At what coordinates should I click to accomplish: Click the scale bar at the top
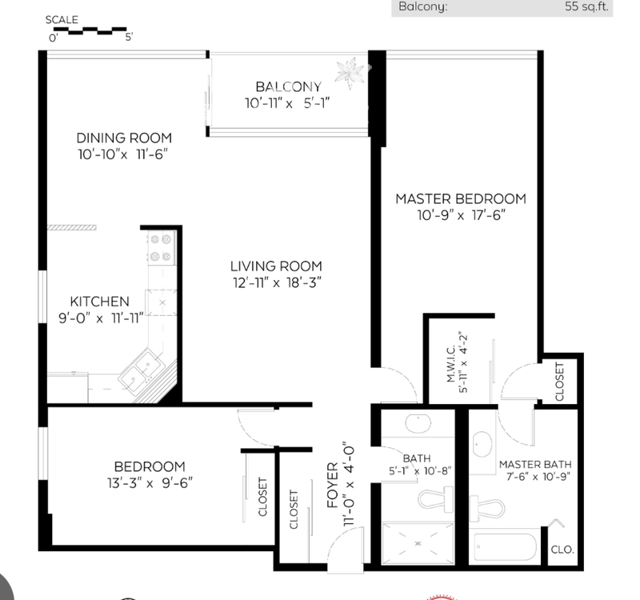click(90, 31)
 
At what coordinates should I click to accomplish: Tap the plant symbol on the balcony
click(350, 72)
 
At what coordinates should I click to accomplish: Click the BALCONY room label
click(288, 87)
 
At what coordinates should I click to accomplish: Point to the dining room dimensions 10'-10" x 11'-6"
click(123, 154)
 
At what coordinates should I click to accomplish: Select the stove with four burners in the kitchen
click(162, 248)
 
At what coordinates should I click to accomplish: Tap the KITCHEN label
click(99, 302)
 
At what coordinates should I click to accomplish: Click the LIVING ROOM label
click(276, 266)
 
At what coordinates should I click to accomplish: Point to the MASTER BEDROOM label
click(461, 198)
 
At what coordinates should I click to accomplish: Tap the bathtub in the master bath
click(506, 547)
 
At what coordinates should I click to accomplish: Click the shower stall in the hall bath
click(418, 543)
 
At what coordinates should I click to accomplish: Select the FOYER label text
click(333, 485)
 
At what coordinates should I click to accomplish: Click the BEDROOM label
click(150, 466)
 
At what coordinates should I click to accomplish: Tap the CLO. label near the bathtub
click(562, 550)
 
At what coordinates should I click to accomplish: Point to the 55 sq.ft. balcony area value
click(586, 6)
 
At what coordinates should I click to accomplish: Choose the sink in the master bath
click(482, 444)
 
